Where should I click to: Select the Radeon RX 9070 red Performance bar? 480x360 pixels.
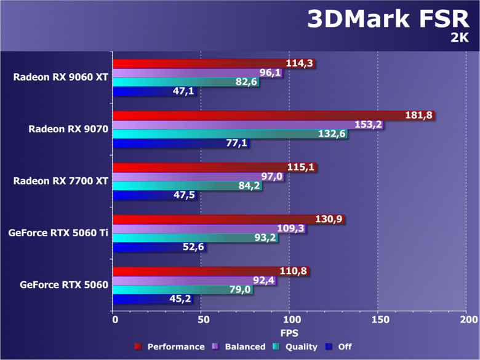point(258,115)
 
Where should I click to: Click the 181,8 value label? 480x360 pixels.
point(418,115)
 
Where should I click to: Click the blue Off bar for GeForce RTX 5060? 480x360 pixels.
point(142,300)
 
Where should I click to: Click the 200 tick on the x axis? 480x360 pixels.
point(468,320)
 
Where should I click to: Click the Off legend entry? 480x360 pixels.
point(339,347)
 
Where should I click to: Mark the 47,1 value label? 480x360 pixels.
point(183,92)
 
